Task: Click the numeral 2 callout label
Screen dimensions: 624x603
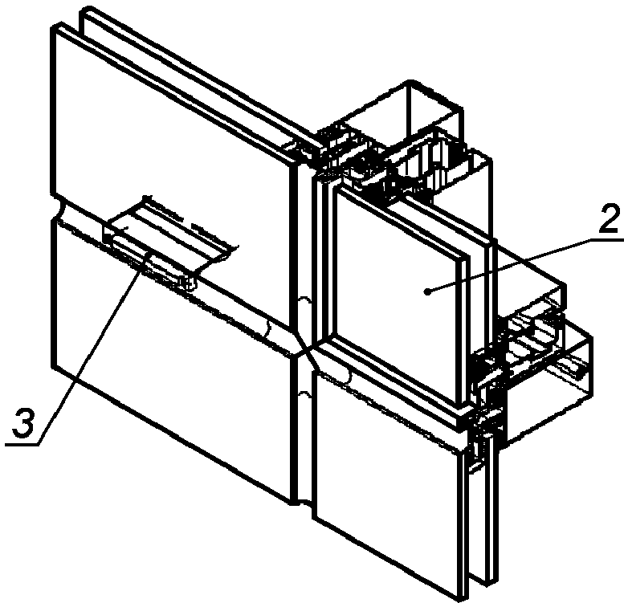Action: click(x=609, y=218)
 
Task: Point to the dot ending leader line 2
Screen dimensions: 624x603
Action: click(x=427, y=292)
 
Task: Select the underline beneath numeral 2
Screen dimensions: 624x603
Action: click(x=607, y=239)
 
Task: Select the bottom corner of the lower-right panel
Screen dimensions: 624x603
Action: click(x=463, y=599)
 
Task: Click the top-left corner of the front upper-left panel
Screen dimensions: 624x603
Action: click(x=52, y=28)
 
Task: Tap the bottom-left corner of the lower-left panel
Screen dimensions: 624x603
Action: click(x=53, y=365)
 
